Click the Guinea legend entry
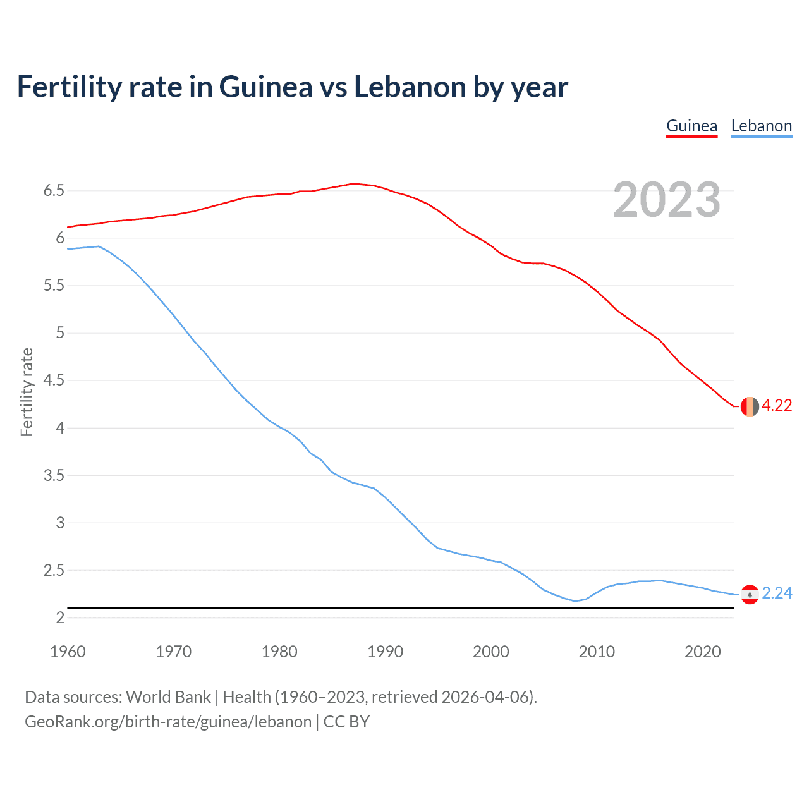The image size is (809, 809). pyautogui.click(x=691, y=126)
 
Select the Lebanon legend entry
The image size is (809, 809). pyautogui.click(x=761, y=126)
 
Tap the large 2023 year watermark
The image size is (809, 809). pyautogui.click(x=666, y=200)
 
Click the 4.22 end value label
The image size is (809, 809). pyautogui.click(x=777, y=406)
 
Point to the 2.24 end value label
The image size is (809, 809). pyautogui.click(x=777, y=593)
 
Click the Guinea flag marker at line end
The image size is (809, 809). pyautogui.click(x=750, y=406)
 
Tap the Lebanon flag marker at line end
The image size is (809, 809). pyautogui.click(x=750, y=594)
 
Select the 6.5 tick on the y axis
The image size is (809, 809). pyautogui.click(x=54, y=190)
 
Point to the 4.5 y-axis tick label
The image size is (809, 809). pyautogui.click(x=54, y=380)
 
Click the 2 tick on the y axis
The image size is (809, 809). pyautogui.click(x=60, y=617)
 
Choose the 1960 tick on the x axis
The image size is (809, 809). pyautogui.click(x=68, y=652)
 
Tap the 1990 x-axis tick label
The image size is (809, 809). pyautogui.click(x=385, y=652)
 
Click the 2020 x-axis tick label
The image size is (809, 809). pyautogui.click(x=702, y=652)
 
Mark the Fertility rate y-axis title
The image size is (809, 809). pyautogui.click(x=27, y=392)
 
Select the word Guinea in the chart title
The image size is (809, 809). pyautogui.click(x=265, y=87)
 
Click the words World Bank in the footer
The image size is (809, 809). pyautogui.click(x=168, y=697)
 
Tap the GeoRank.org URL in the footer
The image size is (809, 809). pyautogui.click(x=168, y=722)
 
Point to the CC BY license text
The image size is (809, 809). pyautogui.click(x=346, y=722)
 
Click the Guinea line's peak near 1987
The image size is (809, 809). pyautogui.click(x=353, y=184)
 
